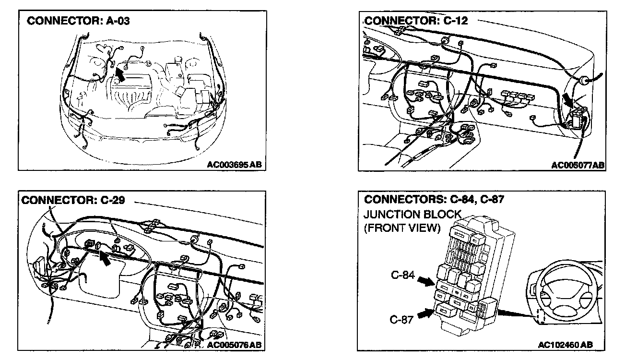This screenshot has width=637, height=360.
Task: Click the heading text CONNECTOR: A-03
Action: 78,21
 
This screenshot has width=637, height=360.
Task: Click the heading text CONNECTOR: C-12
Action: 416,21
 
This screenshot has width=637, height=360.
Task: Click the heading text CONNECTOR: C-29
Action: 72,200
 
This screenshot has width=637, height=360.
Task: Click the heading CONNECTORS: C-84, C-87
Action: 434,199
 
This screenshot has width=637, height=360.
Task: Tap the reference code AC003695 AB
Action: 235,165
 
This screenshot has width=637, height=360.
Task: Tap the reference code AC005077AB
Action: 578,165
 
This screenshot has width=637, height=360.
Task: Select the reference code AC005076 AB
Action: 235,345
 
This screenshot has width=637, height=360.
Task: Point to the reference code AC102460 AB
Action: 565,345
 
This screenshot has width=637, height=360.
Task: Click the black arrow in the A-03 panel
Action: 121,73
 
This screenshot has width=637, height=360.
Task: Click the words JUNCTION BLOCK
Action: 412,214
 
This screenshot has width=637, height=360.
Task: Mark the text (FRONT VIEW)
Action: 402,228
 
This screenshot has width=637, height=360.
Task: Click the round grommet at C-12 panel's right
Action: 584,80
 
